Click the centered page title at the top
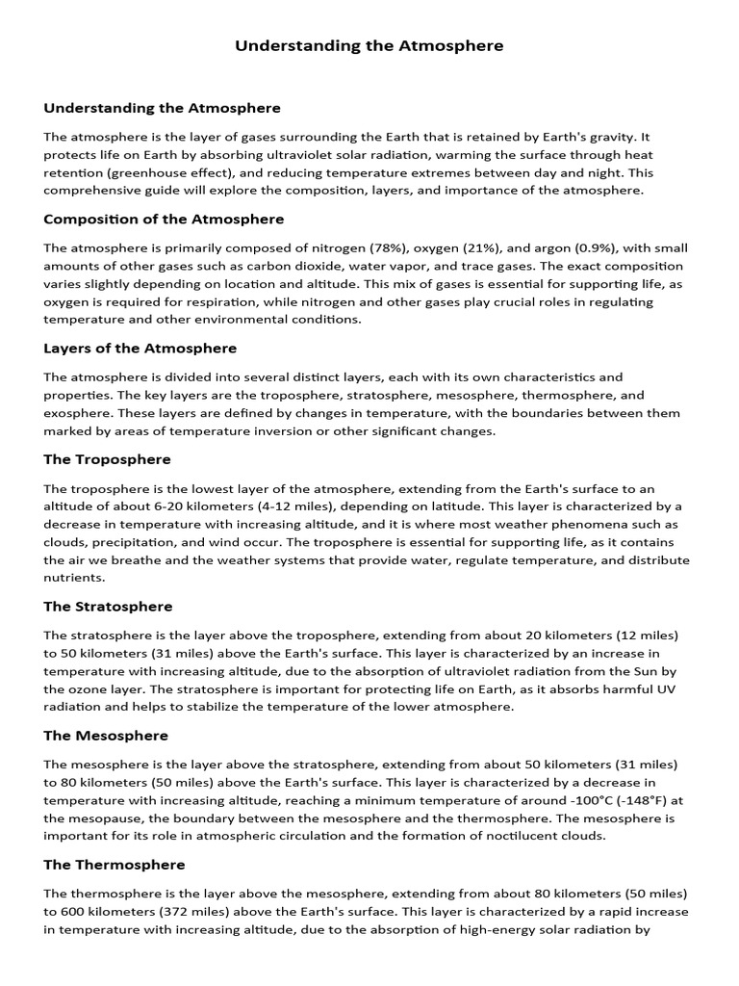369,45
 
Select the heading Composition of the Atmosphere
164,220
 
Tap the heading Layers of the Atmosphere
140,348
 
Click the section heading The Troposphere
108,459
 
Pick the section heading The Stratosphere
109,607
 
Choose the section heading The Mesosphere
106,736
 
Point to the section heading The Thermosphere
115,865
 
